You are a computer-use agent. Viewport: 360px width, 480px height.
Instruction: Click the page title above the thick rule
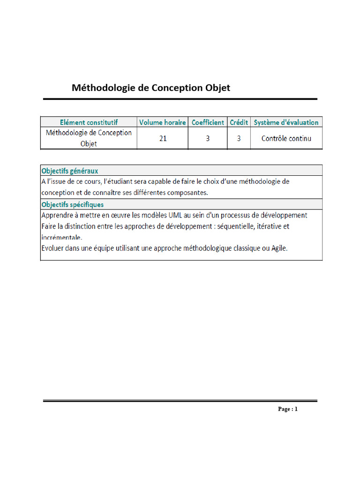click(150, 88)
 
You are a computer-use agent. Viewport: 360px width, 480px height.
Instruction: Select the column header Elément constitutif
click(89, 122)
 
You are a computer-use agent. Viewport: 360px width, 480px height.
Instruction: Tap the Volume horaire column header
click(163, 122)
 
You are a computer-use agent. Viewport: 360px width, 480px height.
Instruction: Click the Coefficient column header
click(208, 122)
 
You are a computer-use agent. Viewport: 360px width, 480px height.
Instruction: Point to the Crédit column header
click(239, 122)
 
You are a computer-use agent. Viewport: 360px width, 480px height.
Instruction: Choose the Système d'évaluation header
click(286, 122)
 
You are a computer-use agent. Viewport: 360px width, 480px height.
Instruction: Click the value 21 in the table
click(163, 139)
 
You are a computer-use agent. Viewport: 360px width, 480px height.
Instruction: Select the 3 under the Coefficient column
click(208, 139)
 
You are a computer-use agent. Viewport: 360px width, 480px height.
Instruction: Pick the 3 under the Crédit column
click(239, 139)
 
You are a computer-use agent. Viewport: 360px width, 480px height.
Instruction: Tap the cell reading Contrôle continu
click(286, 139)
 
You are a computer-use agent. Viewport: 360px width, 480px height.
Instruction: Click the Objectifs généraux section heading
click(70, 171)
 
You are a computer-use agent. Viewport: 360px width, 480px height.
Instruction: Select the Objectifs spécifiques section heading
click(73, 204)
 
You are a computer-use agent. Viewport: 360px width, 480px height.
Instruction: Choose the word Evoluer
click(54, 248)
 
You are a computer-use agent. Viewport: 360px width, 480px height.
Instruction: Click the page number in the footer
click(287, 409)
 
